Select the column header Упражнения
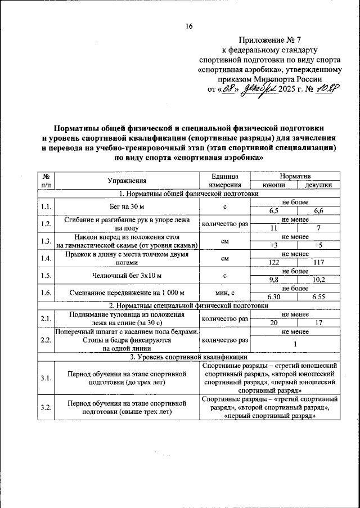coord(127,181)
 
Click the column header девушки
coord(318,185)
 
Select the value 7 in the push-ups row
coord(318,228)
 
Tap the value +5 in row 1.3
coord(318,245)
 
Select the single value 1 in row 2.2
coord(296,344)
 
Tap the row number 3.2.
coord(46,407)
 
